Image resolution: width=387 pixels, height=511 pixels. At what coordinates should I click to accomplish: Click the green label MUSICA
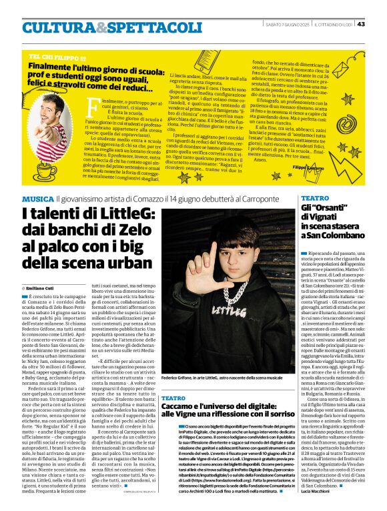(38, 198)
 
